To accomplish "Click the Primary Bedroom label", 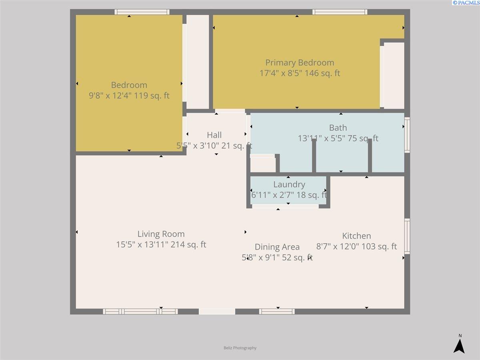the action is pyautogui.click(x=300, y=63).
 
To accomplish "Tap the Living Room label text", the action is pyautogui.click(x=161, y=234).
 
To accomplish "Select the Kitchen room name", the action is pyautogui.click(x=356, y=236).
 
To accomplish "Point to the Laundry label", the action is pyautogui.click(x=289, y=184).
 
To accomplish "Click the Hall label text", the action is pyautogui.click(x=214, y=135).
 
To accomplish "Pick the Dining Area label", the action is pyautogui.click(x=277, y=247).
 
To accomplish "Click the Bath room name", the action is pyautogui.click(x=338, y=128).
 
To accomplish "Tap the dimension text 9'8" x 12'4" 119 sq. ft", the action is pyautogui.click(x=129, y=96).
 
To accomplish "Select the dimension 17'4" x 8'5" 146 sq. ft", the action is pyautogui.click(x=300, y=73).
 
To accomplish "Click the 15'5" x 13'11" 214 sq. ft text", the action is pyautogui.click(x=161, y=244).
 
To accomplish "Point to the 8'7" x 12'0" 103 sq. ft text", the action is pyautogui.click(x=356, y=246).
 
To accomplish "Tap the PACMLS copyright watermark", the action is pyautogui.click(x=466, y=3).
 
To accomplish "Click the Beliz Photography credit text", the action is pyautogui.click(x=240, y=348).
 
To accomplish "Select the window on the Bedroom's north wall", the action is pyautogui.click(x=142, y=12).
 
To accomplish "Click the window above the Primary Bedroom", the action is pyautogui.click(x=340, y=12).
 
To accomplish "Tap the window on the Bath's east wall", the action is pyautogui.click(x=407, y=135).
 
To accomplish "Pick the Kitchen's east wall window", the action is pyautogui.click(x=407, y=236).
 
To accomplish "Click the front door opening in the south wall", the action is pyautogui.click(x=217, y=312).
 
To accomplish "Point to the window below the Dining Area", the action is pyautogui.click(x=277, y=312).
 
